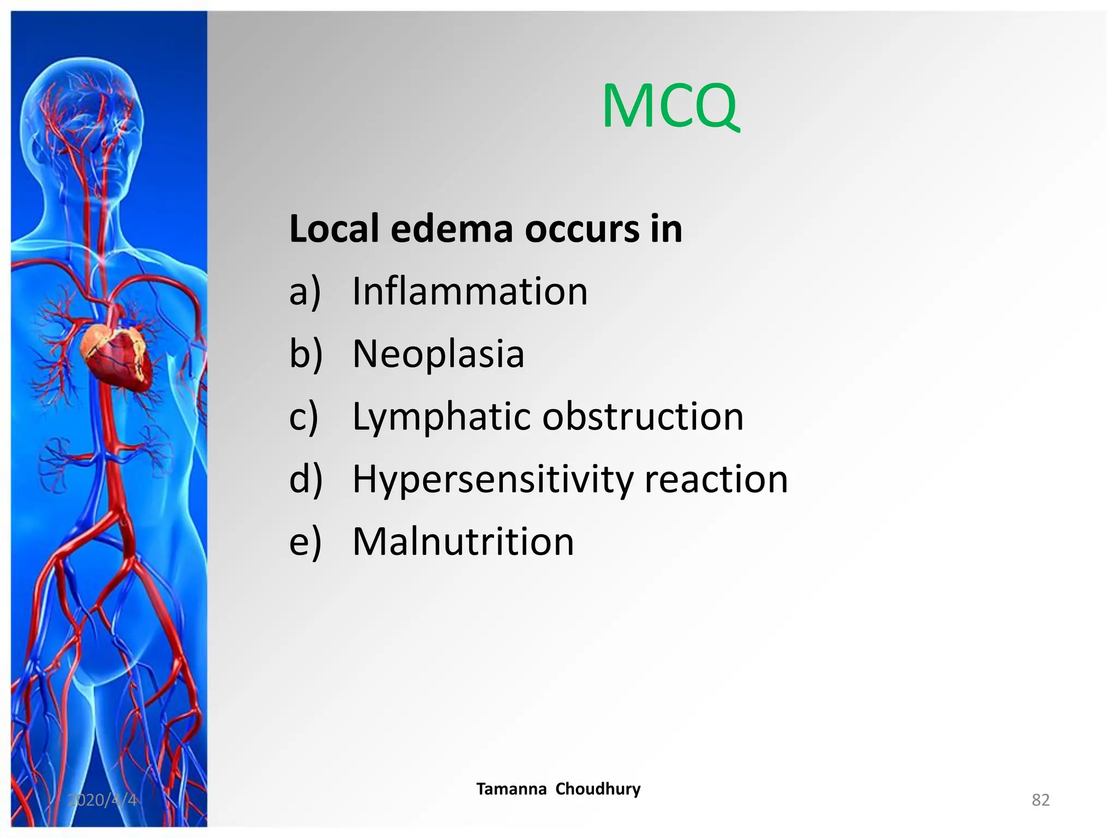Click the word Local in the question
point(333,229)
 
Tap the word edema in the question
point(452,229)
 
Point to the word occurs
point(581,230)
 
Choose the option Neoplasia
point(438,354)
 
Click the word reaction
point(716,480)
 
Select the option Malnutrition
point(463,542)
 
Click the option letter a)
point(305,292)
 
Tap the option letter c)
point(303,417)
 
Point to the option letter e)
point(305,543)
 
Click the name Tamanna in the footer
point(511,789)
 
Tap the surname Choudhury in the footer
point(598,789)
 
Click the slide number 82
point(1040,800)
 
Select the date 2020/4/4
point(102,800)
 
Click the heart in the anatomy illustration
point(115,355)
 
